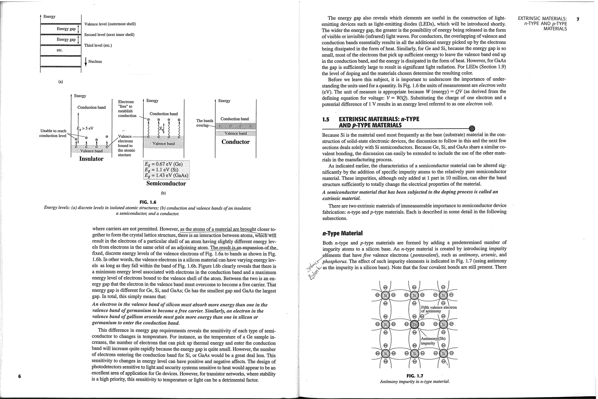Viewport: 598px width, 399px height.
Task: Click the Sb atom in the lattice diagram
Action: click(414, 324)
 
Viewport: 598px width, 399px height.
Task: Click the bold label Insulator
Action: click(91, 159)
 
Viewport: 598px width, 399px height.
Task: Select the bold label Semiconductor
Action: click(166, 184)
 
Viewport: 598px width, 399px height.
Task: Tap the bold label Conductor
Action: click(235, 142)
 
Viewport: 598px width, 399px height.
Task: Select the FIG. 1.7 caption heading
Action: click(415, 376)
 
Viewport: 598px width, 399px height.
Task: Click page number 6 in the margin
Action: click(20, 376)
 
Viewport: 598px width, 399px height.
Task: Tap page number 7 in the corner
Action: click(578, 20)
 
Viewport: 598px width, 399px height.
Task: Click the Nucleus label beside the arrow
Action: click(95, 61)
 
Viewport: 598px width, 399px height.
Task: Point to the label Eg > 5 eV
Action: click(85, 128)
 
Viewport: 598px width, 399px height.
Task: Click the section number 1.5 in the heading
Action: click(326, 119)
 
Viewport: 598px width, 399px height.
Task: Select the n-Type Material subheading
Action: click(343, 233)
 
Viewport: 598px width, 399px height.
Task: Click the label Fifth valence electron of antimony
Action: click(439, 309)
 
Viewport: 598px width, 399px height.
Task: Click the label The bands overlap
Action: click(204, 123)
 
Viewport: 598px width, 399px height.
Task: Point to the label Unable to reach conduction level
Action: click(53, 133)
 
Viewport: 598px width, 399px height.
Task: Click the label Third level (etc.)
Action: click(98, 45)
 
